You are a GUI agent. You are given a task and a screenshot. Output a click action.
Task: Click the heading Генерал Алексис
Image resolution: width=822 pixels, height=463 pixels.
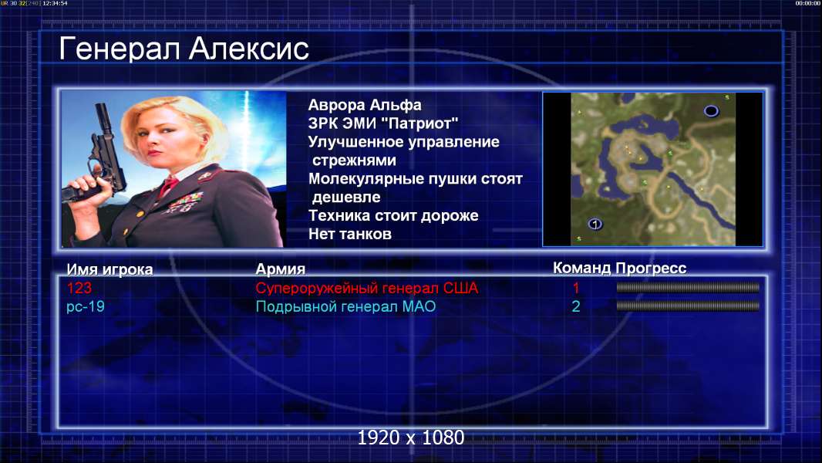tap(184, 49)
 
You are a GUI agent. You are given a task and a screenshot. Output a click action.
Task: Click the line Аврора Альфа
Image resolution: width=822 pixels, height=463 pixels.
tap(364, 105)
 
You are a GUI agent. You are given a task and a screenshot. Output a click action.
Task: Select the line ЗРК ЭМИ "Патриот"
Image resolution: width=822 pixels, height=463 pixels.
tap(383, 123)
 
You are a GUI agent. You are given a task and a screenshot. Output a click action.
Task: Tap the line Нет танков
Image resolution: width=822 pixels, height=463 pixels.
tap(349, 234)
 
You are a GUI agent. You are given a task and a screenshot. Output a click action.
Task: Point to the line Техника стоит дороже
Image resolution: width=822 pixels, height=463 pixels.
tap(393, 215)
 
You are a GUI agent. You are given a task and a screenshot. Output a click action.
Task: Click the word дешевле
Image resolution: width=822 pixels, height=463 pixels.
tap(346, 197)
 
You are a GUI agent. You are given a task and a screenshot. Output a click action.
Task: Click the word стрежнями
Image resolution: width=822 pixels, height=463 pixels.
tap(354, 161)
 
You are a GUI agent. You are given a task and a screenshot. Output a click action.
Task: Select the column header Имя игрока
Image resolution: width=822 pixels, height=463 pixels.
tap(109, 269)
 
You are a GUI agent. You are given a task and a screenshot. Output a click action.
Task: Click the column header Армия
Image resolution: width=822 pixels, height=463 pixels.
tap(280, 269)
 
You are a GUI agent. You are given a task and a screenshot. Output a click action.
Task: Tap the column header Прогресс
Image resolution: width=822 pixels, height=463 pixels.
tap(651, 268)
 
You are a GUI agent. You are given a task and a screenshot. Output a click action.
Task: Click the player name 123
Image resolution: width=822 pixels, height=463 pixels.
tap(79, 288)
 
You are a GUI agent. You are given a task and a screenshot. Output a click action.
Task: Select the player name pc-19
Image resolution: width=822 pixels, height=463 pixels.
tap(86, 306)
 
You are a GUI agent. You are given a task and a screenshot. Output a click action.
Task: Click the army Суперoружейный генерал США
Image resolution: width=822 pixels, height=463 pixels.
tap(367, 288)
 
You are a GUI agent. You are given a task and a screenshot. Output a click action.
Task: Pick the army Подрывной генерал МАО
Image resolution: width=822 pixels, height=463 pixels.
tap(346, 306)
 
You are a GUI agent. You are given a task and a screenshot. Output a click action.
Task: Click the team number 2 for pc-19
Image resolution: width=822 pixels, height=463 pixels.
tap(575, 306)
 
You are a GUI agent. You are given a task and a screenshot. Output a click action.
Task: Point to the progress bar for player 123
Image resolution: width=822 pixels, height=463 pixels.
tap(688, 287)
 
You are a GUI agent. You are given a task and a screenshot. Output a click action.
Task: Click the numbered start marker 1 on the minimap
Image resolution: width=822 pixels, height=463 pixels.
tap(595, 224)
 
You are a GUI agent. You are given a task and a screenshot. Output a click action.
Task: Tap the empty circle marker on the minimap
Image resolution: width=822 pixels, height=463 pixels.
tap(711, 110)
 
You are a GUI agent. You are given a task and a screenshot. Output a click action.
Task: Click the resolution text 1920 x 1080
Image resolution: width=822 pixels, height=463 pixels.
tap(411, 438)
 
